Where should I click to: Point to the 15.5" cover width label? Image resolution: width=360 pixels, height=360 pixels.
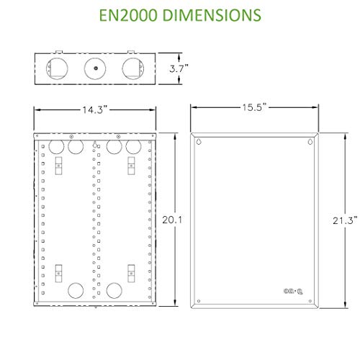point(253,107)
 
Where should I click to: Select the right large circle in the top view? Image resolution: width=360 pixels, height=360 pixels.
point(130,68)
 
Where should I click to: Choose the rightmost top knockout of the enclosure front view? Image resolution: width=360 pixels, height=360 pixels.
point(132,148)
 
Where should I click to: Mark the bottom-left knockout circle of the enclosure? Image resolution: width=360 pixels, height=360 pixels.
point(75,291)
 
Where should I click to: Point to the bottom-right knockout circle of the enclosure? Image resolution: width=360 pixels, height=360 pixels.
point(113,291)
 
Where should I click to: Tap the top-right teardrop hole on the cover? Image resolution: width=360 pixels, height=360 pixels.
point(310,142)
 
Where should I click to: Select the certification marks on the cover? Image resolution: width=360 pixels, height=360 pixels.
point(292,290)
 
